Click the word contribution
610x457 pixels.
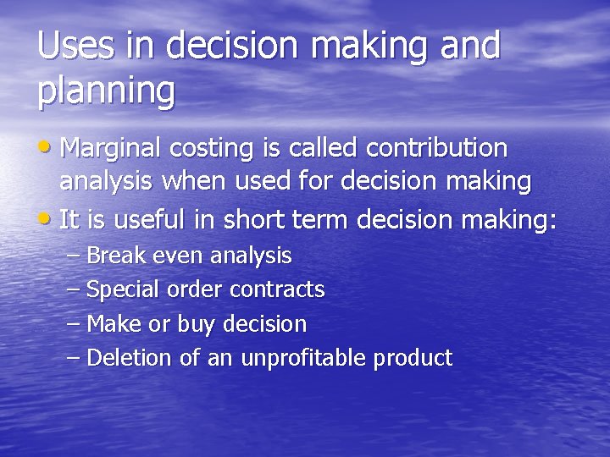(x=436, y=148)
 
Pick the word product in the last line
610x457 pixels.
(x=413, y=359)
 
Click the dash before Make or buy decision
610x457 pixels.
(x=72, y=324)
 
